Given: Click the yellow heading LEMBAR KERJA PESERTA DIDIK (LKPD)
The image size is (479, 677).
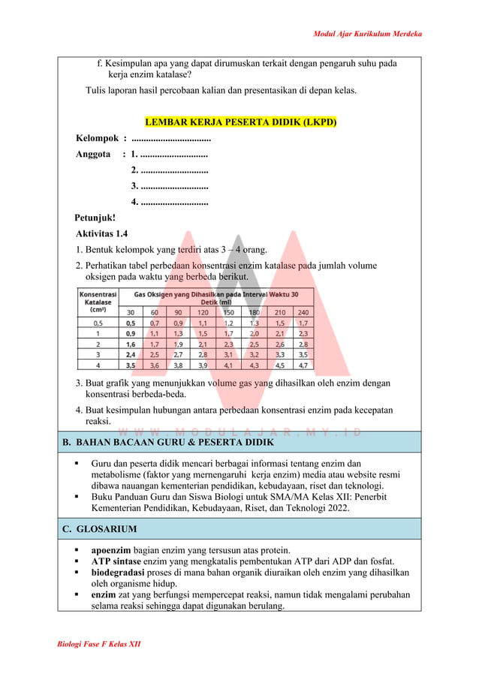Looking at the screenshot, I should (240, 122).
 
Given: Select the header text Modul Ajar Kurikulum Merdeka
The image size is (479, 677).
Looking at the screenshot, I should (367, 34).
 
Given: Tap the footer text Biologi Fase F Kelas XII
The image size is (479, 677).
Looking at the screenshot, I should (99, 644).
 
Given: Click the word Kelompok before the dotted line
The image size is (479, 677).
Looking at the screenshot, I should (98, 138).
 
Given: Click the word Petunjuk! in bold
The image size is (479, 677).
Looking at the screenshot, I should (95, 218).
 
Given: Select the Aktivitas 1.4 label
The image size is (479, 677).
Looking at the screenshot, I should (101, 234).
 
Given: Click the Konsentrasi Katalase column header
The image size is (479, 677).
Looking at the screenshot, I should (98, 302).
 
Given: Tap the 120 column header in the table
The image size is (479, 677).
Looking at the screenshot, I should (203, 311).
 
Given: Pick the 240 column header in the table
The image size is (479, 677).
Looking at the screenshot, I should (303, 311).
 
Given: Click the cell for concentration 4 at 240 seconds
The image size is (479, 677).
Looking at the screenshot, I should (303, 366).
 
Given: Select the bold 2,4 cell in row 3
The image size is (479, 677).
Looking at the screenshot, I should (131, 354).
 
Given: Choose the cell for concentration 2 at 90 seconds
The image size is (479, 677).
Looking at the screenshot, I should (178, 344).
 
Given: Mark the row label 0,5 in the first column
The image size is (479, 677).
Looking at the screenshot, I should (98, 323).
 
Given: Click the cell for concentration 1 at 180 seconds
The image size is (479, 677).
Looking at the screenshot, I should (254, 333).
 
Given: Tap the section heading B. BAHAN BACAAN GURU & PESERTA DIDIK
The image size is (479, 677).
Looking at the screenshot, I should (168, 442).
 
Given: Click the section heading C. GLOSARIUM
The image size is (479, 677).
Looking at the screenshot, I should (99, 529).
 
